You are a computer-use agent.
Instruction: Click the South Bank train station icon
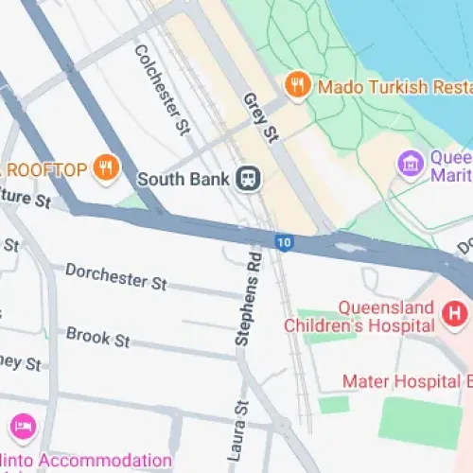tap(250, 178)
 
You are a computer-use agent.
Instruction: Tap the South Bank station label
tap(184, 178)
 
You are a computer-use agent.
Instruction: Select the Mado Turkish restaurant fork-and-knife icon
tap(298, 86)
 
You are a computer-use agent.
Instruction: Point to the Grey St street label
tap(259, 117)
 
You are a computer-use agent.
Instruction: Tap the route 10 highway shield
tap(283, 243)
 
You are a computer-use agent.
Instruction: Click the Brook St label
tap(97, 336)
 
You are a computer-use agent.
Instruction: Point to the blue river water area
tap(416, 38)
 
